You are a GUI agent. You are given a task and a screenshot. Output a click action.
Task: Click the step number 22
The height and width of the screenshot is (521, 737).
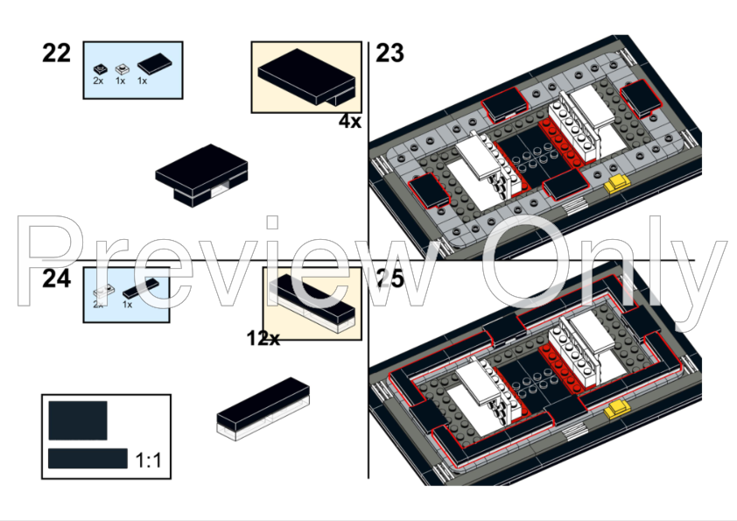point(56,53)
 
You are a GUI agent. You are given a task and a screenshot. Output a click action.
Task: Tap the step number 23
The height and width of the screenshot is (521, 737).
point(390,53)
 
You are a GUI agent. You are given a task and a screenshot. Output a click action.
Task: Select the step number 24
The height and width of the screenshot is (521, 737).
point(56,279)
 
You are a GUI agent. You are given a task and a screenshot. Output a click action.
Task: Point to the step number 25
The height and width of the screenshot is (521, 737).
point(390,279)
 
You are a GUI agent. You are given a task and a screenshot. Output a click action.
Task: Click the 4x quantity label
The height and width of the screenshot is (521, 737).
point(350,122)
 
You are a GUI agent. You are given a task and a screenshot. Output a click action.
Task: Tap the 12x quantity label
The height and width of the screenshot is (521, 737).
point(263,338)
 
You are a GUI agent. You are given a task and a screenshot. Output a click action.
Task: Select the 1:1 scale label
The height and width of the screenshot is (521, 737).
point(149,460)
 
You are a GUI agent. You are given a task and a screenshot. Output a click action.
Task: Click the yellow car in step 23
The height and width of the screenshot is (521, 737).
point(617,183)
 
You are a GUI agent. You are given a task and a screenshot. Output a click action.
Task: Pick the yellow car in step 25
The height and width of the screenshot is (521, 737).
point(618,407)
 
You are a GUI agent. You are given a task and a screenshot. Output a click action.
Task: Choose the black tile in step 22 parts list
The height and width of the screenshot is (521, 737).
point(154,63)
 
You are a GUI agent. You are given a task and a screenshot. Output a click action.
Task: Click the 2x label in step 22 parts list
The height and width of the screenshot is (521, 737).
point(98,81)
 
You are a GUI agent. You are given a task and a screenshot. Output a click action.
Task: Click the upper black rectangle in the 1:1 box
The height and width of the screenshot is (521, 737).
point(78,420)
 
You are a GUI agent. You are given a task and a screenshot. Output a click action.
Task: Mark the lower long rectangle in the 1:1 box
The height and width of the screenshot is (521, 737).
point(88,458)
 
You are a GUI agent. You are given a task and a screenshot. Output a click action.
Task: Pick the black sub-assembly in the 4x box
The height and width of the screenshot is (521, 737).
point(306,76)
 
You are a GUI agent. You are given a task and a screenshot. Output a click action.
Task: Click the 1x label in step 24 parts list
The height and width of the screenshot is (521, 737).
point(127,305)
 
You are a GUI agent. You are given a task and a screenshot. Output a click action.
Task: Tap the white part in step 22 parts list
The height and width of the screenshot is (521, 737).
point(121,67)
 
